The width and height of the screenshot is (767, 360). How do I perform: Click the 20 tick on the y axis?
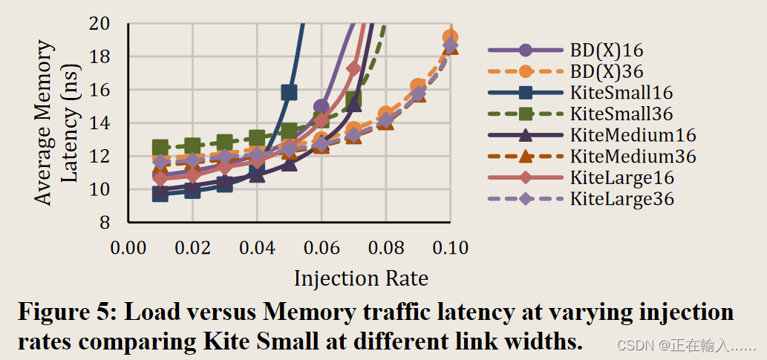100,24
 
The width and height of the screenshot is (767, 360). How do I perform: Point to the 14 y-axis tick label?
100,123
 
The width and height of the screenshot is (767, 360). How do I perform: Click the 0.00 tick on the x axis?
128,246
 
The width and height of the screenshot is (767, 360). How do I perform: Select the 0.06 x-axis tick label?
322,246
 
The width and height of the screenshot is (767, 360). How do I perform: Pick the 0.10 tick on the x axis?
450,246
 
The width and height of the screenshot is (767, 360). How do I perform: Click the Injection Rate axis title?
361,278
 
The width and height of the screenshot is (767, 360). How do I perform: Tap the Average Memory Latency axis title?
56,122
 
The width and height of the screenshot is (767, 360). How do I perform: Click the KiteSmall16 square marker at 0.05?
289,93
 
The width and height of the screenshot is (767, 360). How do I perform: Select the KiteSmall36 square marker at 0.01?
160,148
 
